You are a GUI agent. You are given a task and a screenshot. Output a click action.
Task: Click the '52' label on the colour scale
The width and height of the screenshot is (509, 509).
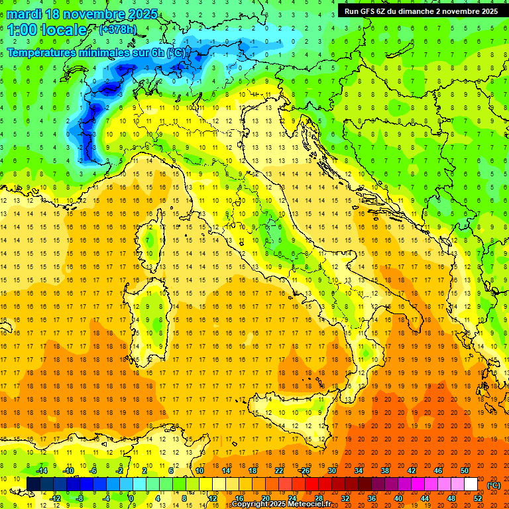(478, 498)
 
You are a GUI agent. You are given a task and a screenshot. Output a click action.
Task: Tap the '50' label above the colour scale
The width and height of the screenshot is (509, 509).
(465, 471)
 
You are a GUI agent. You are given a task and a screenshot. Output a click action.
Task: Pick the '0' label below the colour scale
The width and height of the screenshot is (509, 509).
(131, 498)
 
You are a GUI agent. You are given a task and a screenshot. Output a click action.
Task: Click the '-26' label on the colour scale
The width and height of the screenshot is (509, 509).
(304, 471)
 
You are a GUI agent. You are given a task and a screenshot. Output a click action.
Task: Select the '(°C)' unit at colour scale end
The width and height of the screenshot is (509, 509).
(494, 485)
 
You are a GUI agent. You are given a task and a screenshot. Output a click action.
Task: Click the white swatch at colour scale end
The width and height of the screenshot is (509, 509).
(471, 484)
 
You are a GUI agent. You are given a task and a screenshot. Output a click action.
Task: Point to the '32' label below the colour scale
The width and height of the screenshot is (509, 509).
(345, 498)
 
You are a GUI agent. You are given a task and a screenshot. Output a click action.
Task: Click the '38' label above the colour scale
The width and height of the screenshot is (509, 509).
(384, 471)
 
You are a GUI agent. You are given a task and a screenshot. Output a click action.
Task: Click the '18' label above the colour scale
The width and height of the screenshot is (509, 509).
(252, 471)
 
